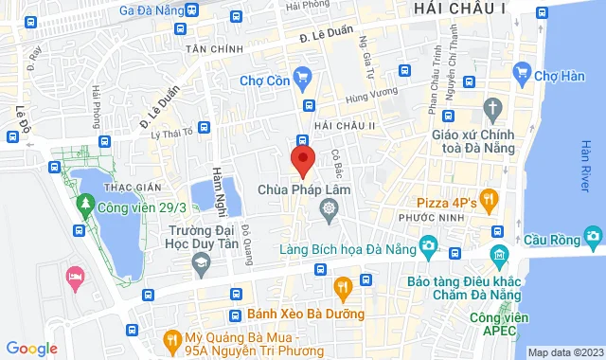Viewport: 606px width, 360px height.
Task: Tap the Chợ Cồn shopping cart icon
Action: (303, 77)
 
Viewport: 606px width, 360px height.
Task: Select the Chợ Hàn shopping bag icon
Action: (521, 71)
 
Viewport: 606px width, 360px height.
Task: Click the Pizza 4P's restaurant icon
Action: (489, 199)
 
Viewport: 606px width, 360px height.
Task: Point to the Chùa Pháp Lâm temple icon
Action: (329, 208)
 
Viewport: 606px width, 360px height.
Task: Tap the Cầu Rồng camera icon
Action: (594, 234)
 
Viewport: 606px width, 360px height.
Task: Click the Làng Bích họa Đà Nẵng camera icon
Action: (428, 248)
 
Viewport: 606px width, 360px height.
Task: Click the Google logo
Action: (31, 348)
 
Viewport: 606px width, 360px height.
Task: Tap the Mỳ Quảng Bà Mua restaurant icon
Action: (171, 337)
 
